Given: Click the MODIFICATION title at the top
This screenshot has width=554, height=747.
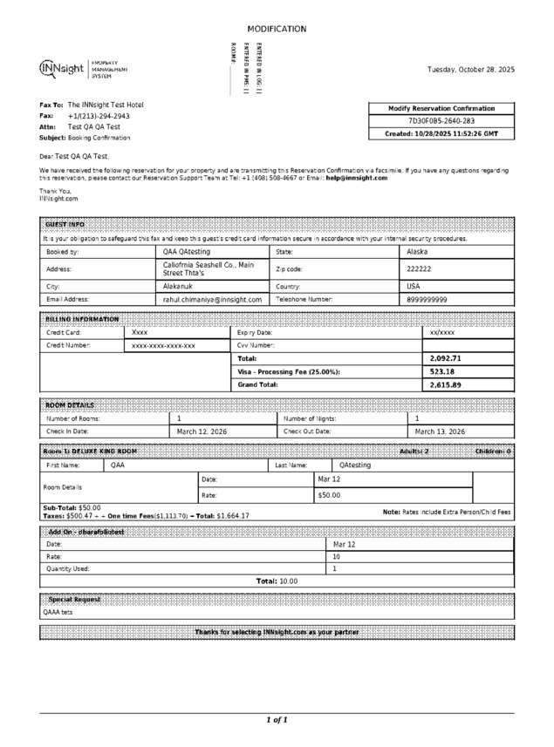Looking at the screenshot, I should (x=277, y=29).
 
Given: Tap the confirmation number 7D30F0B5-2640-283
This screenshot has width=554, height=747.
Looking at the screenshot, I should (x=442, y=121).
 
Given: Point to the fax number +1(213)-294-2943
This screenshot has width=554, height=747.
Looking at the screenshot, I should (x=99, y=115).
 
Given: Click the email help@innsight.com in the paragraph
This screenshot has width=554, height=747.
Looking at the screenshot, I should (x=358, y=177).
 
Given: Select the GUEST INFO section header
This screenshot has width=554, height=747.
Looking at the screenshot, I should (x=65, y=224).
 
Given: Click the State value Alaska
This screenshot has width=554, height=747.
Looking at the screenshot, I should (x=418, y=251).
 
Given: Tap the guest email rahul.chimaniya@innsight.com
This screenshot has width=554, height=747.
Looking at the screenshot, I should (x=212, y=299).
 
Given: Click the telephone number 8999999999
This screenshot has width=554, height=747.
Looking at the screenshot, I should (x=427, y=299).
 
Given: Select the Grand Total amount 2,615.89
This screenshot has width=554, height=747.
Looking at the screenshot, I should (x=446, y=384).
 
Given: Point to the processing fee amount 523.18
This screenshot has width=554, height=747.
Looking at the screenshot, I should (x=442, y=371).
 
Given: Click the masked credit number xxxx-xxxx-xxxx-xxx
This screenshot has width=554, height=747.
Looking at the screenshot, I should (x=163, y=346).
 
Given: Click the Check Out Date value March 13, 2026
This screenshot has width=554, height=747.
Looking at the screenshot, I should (x=440, y=431).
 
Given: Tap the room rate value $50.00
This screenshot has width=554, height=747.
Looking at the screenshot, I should (x=329, y=495).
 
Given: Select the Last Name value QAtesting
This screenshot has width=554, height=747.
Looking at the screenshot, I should (x=355, y=465).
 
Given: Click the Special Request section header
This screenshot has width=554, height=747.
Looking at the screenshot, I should (x=74, y=600).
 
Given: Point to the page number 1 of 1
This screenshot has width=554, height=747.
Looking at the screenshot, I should (x=277, y=720).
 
